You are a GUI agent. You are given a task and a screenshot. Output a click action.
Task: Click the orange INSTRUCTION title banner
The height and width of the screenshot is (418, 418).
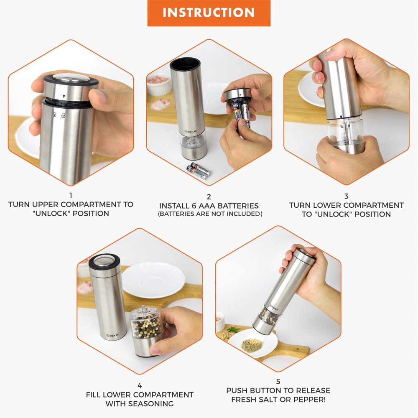tap(209, 13)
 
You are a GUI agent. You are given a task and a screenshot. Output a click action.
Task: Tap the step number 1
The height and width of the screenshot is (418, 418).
tap(71, 195)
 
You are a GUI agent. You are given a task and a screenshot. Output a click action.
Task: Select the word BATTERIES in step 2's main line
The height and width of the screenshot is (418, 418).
tap(237, 206)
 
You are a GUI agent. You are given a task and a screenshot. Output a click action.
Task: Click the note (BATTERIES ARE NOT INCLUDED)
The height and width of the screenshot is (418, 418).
tap(209, 214)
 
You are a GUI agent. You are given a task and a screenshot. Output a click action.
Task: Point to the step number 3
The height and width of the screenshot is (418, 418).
tap(346, 196)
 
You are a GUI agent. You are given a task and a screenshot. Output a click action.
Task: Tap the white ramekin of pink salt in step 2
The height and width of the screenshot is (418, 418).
tap(159, 84)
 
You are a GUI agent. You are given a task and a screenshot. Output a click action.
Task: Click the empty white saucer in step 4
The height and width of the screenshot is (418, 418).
tap(153, 279)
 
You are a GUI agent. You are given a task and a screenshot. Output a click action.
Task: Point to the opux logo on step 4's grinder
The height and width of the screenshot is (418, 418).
tap(110, 334)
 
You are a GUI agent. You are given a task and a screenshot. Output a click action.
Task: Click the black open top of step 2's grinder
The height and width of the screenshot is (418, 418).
tap(184, 62)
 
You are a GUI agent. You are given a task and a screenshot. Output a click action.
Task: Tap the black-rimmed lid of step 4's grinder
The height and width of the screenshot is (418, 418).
tap(104, 261)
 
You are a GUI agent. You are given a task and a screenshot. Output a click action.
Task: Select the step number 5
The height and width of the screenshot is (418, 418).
tap(278, 381)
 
